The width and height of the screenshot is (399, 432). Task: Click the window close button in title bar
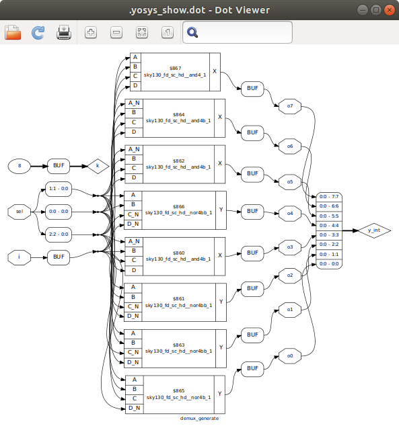click(x=388, y=10)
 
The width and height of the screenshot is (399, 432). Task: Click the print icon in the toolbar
click(x=64, y=32)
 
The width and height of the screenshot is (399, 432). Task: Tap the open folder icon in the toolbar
click(x=13, y=32)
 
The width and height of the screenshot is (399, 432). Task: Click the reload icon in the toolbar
click(x=38, y=32)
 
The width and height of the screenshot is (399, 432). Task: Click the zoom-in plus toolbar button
click(x=90, y=32)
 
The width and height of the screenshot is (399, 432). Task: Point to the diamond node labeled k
click(x=98, y=165)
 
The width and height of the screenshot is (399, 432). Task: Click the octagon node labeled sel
click(x=20, y=212)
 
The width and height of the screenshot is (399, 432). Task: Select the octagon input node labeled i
click(x=20, y=256)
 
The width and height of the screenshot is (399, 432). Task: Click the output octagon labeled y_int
click(x=373, y=230)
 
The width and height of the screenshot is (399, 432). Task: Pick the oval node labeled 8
click(x=20, y=165)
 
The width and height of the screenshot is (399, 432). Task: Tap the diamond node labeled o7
click(x=290, y=106)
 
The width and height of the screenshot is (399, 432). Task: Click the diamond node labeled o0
click(x=290, y=355)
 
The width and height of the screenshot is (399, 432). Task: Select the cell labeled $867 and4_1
click(x=175, y=71)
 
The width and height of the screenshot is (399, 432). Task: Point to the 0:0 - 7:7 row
click(x=329, y=197)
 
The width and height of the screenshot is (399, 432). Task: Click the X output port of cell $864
click(x=219, y=118)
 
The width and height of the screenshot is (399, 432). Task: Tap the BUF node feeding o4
click(x=252, y=212)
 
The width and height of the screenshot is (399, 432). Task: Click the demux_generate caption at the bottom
click(x=199, y=418)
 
